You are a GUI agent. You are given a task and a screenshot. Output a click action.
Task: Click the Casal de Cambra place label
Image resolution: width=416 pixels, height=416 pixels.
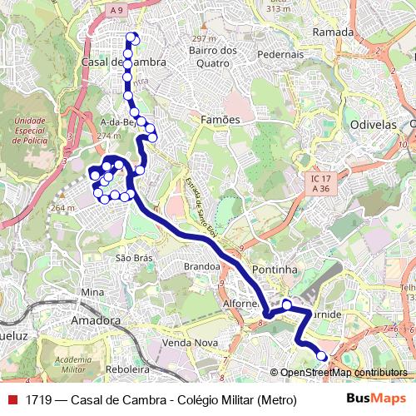coord(123,62)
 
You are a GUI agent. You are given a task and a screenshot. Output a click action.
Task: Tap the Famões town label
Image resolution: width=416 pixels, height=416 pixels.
coord(220,120)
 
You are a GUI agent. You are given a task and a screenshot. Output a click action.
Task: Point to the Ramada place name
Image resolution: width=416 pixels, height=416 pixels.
coord(333,32)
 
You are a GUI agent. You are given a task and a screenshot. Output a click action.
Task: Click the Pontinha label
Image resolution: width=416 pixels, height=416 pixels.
coord(275,270)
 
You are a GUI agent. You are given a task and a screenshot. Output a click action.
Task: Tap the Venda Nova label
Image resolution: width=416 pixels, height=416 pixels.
coord(191,343)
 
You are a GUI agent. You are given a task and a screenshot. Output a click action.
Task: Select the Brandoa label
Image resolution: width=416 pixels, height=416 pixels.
coord(201,267)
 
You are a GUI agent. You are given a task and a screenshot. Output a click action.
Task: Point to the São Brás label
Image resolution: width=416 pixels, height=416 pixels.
coord(134,259)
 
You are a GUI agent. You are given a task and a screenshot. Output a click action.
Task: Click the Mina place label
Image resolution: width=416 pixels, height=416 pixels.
coord(92,292)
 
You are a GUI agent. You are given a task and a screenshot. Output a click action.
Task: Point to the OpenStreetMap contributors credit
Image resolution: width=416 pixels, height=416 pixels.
coord(343,373)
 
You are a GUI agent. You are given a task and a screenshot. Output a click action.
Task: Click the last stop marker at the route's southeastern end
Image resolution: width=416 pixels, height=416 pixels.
coord(322,356)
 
